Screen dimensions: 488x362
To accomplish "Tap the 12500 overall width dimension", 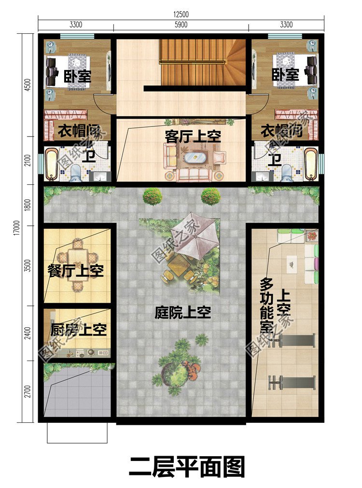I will [181, 14].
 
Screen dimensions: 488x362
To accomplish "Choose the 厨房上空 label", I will [78, 331].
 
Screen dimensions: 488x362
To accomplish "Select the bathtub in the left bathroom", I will [51, 165].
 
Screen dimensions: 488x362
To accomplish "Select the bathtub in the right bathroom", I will [311, 164].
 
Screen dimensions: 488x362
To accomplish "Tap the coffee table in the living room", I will [195, 157].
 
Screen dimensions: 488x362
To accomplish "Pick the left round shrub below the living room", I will [153, 196].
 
